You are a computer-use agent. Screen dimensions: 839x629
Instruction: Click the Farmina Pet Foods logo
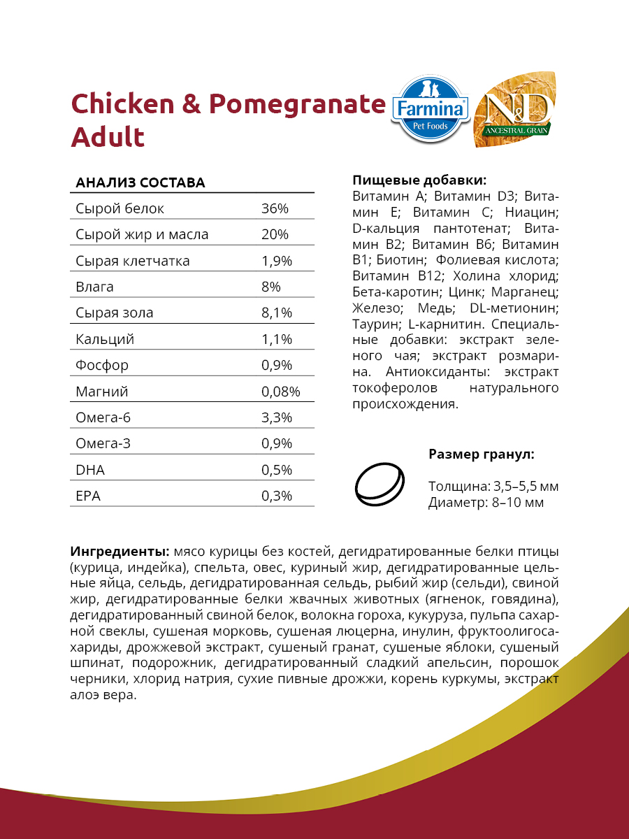point(430,107)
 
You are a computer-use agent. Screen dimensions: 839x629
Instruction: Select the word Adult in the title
point(108,136)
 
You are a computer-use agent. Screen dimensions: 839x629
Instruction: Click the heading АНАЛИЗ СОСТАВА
point(140,183)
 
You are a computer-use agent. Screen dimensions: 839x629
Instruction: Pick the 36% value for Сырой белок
point(275,209)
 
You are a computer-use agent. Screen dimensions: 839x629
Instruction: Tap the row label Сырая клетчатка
point(133,261)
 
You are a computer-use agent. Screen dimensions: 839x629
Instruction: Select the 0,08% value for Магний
point(280,392)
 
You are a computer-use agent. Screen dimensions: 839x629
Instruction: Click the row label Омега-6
point(103,418)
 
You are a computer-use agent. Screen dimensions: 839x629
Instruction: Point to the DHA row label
point(90,471)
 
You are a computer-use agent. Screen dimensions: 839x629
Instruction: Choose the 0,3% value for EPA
point(276,496)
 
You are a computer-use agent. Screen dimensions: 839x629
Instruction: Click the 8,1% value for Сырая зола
point(276,313)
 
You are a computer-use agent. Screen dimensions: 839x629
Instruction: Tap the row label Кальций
point(105,340)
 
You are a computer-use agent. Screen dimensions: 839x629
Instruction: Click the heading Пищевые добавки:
point(419,180)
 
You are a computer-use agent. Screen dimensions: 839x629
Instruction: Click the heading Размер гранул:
point(482,454)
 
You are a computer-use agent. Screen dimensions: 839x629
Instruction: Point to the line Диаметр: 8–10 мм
point(486,502)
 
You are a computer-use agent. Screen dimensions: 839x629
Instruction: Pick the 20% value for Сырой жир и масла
point(275,235)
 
